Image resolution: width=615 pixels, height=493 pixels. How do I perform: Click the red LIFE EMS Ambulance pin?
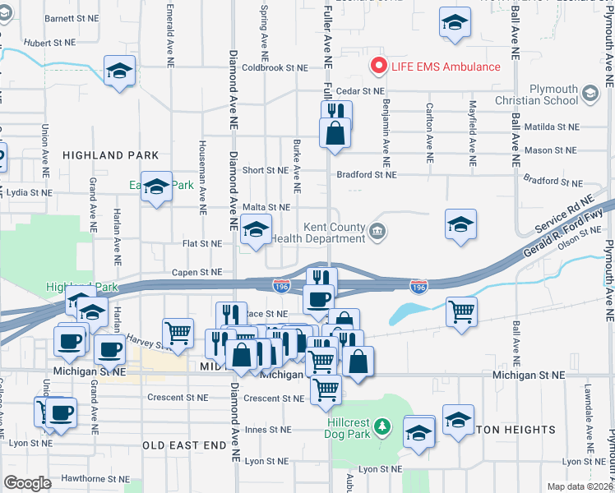[379, 66]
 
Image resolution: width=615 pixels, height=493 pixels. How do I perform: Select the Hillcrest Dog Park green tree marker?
[381, 427]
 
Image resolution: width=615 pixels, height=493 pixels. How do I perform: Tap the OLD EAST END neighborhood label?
[183, 445]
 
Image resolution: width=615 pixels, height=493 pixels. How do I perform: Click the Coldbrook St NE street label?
[275, 68]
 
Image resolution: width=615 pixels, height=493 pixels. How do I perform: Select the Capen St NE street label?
[197, 272]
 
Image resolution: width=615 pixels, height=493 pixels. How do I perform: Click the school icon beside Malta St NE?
[256, 230]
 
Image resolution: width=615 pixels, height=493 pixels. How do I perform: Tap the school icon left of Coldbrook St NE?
[119, 71]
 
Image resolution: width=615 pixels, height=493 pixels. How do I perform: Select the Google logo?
[28, 483]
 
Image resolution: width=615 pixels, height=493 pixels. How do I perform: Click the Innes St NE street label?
[268, 430]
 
